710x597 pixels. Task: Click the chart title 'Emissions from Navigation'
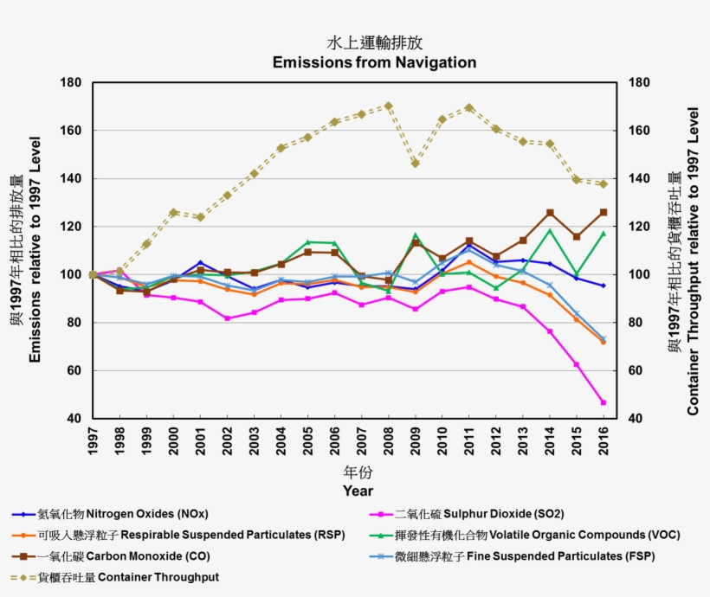point(374,62)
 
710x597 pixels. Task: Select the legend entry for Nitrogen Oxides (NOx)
point(111,513)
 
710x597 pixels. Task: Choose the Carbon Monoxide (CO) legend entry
point(111,555)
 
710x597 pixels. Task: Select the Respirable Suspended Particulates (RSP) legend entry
point(173,535)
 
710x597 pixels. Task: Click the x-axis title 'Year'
point(358,491)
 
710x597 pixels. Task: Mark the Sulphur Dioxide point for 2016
point(603,402)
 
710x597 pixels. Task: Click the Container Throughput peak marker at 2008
point(388,106)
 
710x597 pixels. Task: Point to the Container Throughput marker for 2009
point(415,164)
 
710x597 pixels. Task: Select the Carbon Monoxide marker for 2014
point(549,213)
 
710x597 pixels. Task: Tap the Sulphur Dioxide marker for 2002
point(227,318)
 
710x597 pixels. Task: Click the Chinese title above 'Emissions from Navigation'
point(374,43)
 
